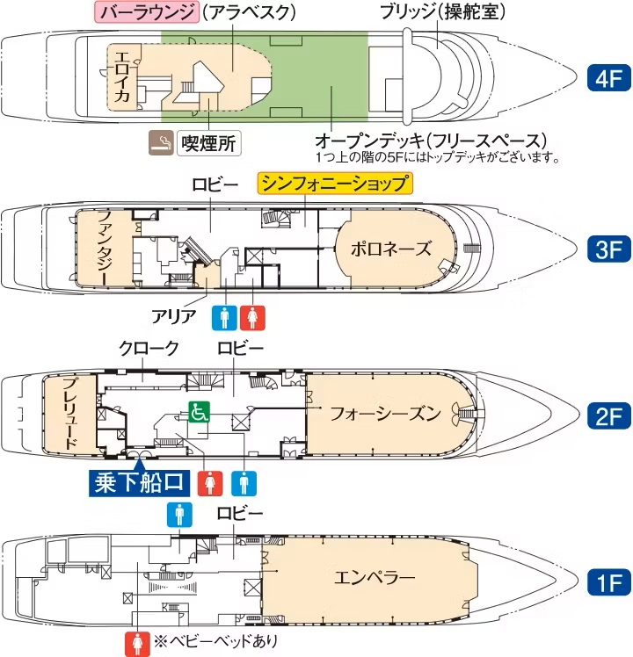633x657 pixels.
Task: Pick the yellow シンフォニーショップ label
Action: [335, 184]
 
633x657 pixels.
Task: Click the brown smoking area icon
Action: [160, 141]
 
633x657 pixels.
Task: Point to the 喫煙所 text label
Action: [208, 142]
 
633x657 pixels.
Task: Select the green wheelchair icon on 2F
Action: [198, 410]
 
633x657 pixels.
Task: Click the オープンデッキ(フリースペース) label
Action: [431, 141]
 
